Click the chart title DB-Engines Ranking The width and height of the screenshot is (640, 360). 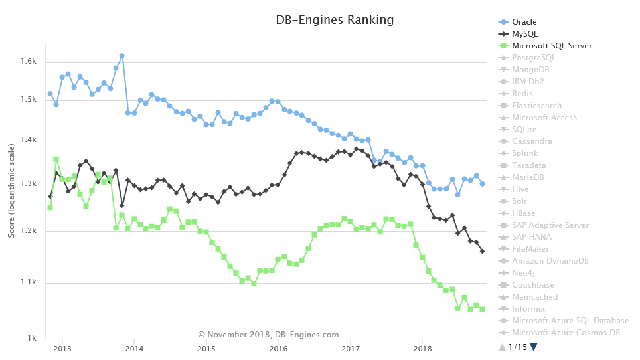click(335, 20)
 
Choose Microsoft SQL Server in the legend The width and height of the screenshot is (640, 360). click(552, 46)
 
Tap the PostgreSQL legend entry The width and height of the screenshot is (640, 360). click(534, 58)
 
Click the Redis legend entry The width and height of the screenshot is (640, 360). click(523, 94)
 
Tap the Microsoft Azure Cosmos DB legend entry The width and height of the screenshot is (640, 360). click(566, 333)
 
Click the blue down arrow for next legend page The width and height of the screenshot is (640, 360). click(533, 347)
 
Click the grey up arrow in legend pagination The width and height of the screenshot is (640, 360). click(501, 347)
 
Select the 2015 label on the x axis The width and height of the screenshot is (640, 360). click(206, 348)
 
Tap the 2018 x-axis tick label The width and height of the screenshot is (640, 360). click(422, 348)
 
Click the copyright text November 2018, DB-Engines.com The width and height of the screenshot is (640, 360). click(268, 335)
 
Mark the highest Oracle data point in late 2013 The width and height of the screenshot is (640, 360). click(121, 56)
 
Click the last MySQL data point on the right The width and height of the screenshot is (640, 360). click(482, 251)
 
